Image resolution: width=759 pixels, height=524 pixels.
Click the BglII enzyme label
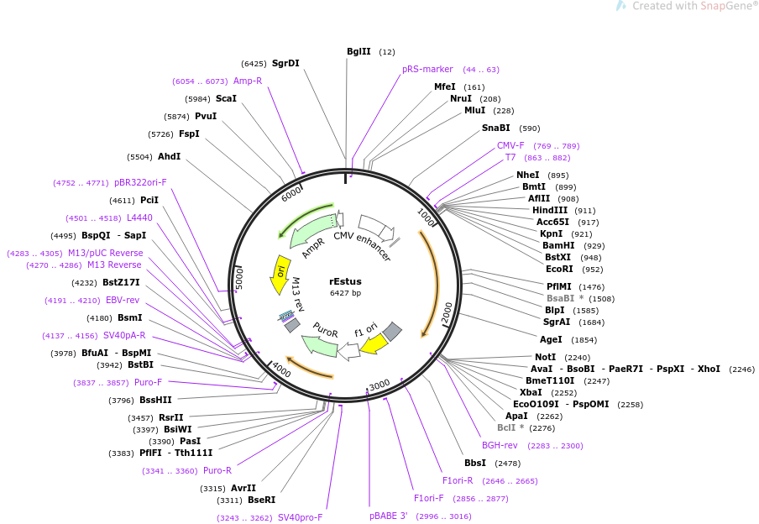[x=359, y=51]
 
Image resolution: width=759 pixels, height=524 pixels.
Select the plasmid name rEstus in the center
[x=346, y=281]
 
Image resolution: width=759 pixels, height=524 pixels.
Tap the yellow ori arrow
[x=279, y=275]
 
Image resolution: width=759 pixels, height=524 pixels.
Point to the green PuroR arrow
[x=320, y=345]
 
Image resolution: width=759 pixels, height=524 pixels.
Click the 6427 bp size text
[x=346, y=293]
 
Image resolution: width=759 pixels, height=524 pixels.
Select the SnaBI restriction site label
[x=495, y=128]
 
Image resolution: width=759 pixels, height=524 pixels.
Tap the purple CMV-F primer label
[x=510, y=145]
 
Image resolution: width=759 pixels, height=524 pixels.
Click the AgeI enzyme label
[x=551, y=339]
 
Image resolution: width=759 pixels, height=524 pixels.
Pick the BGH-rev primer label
[x=500, y=445]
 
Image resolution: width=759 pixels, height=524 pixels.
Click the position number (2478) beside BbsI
[x=508, y=464]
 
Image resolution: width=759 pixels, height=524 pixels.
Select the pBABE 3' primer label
[x=389, y=516]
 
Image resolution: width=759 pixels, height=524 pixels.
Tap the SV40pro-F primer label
[x=300, y=518]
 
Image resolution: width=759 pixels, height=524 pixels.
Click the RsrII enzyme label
[x=171, y=417]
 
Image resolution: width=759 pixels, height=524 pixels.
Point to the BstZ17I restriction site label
[x=121, y=282]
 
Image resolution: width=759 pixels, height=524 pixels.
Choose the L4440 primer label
[x=139, y=218]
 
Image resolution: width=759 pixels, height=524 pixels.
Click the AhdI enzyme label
[x=170, y=156]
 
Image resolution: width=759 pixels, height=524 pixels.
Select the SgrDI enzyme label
[x=285, y=63]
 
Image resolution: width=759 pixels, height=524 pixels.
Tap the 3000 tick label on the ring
[x=379, y=385]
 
